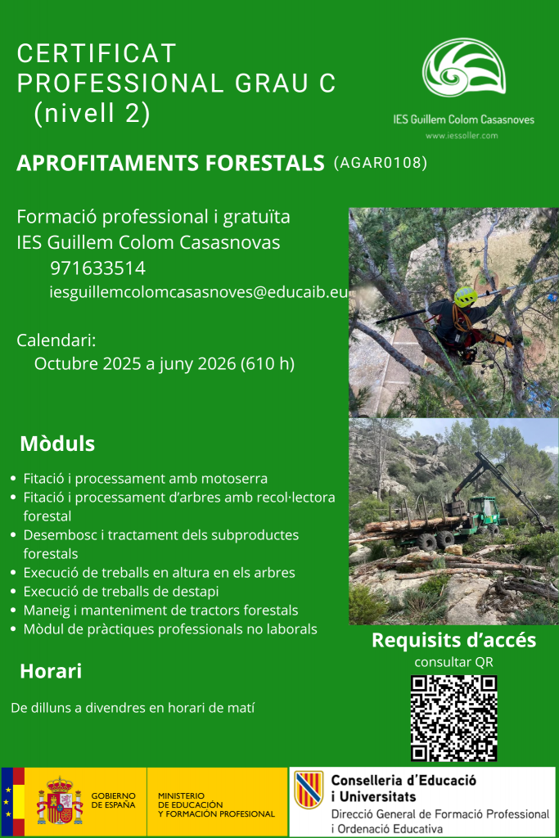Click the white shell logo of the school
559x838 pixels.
coord(464,67)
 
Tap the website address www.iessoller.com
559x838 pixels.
coord(462,136)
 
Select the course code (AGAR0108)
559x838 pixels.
coord(381,163)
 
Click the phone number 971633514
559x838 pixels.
coord(97,268)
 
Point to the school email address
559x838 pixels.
coord(199,292)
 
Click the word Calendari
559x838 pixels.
coord(56,340)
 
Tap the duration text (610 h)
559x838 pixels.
coord(267,363)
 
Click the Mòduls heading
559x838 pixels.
coord(57,444)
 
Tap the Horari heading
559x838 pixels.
coord(51,671)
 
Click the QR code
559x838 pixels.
coord(453,718)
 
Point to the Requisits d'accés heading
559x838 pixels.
coord(453,640)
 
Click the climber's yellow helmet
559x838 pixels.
coord(466,296)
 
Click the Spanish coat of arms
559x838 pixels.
coord(60,801)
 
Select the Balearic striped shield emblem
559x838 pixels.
coord(309,790)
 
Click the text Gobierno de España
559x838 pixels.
coord(113,800)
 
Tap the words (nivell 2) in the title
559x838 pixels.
coord(92,113)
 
